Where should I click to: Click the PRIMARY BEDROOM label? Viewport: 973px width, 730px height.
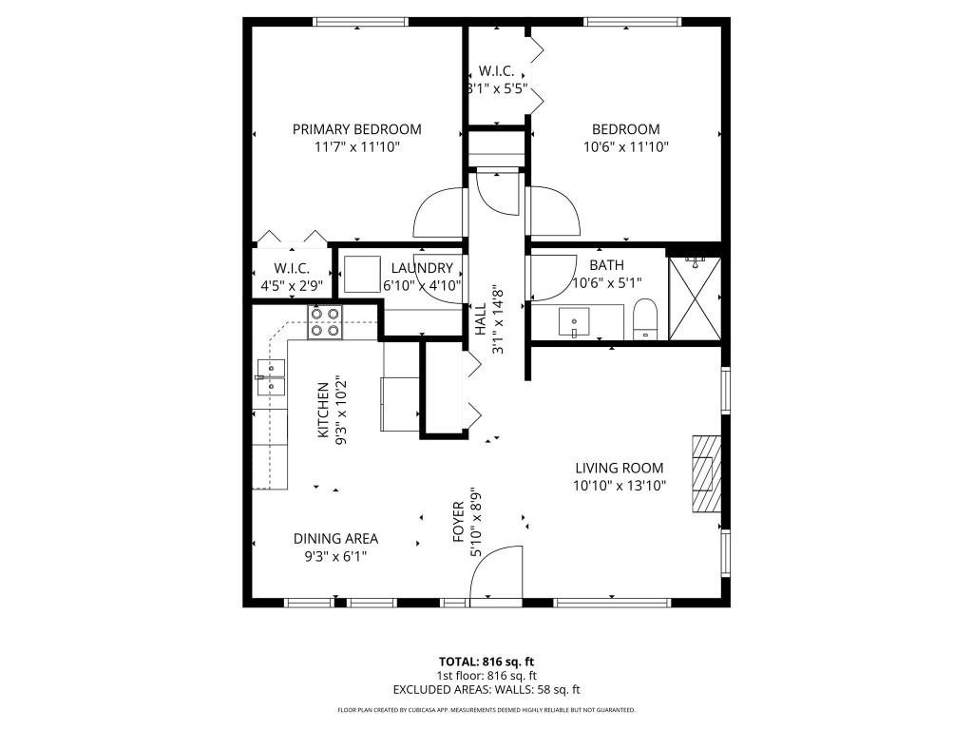pos(356,129)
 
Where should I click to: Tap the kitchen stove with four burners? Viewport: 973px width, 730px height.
pos(325,322)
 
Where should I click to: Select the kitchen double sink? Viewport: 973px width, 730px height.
pos(270,376)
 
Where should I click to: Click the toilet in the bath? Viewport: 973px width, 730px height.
pos(645,318)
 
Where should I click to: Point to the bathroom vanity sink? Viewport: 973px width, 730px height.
pos(576,322)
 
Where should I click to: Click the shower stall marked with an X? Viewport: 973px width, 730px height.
pos(695,298)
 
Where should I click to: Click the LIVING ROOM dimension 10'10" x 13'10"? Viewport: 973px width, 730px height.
pos(619,485)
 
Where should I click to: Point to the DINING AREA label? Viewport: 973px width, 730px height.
pos(335,538)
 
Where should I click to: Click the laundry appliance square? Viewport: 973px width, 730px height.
pos(361,275)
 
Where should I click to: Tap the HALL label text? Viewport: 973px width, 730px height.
pos(481,319)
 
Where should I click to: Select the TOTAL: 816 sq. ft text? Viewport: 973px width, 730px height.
pos(486,662)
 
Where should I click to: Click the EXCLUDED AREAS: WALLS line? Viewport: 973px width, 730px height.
pos(486,690)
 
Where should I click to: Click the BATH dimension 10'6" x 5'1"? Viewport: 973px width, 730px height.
pos(607,282)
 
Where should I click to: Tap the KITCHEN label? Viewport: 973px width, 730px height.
pos(323,411)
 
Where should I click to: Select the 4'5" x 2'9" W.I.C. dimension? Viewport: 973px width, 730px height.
pos(292,284)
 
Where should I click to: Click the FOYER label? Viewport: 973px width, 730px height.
pos(459,522)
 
